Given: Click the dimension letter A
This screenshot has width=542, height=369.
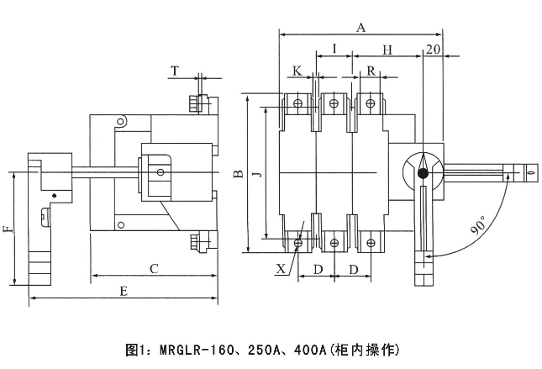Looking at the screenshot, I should (361, 26).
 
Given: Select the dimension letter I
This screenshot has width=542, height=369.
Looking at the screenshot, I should (334, 50).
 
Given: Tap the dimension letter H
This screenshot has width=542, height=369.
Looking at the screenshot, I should (387, 50).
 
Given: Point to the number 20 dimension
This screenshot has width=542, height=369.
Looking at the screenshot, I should (434, 50).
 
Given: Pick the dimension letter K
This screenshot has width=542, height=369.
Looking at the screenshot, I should (297, 70).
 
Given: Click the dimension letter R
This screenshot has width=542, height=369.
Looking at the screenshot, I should (371, 70).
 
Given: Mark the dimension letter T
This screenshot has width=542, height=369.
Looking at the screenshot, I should (174, 71).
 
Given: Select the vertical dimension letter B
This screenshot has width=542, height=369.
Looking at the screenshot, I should (237, 175).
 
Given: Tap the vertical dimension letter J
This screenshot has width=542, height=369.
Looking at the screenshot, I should (257, 175).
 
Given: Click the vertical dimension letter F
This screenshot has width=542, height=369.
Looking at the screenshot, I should (8, 229).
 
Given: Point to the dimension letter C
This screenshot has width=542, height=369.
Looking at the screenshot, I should (154, 269).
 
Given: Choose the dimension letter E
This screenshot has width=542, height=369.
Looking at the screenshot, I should (123, 291).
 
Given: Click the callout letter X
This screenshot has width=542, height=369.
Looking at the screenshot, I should (280, 269).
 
